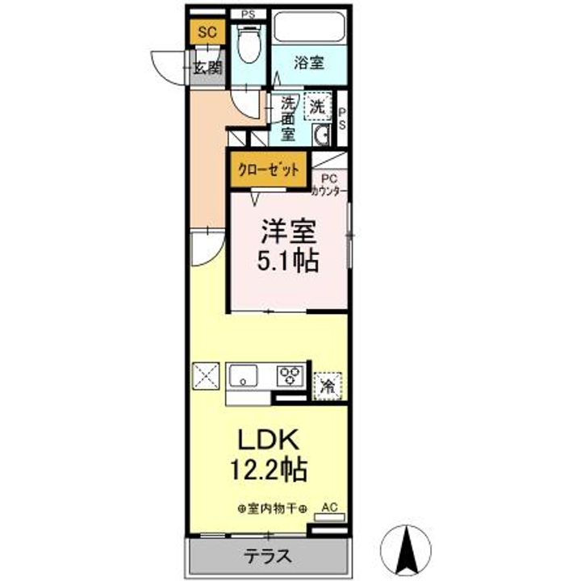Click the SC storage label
(x=207, y=31)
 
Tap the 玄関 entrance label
(x=208, y=68)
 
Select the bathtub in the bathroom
(x=309, y=27)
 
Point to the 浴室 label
(x=309, y=63)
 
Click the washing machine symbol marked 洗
(x=318, y=107)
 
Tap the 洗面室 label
(x=287, y=119)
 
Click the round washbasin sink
(x=321, y=135)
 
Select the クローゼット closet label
(x=268, y=169)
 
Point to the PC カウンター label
(x=329, y=185)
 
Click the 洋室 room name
(x=289, y=232)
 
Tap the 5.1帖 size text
(x=288, y=261)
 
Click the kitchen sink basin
(x=243, y=375)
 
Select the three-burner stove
(x=290, y=376)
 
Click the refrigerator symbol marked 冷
(x=328, y=387)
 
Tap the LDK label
(x=268, y=440)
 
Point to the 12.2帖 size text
(x=268, y=469)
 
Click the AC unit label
(x=329, y=508)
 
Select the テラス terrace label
(x=267, y=556)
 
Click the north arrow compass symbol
(x=407, y=550)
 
